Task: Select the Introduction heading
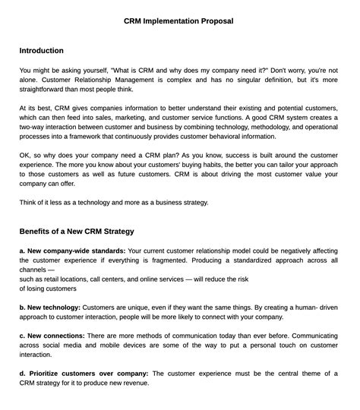coord(41,51)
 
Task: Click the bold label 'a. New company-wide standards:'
coord(72,250)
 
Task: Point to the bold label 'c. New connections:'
coord(52,335)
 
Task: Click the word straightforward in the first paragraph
coord(43,89)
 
